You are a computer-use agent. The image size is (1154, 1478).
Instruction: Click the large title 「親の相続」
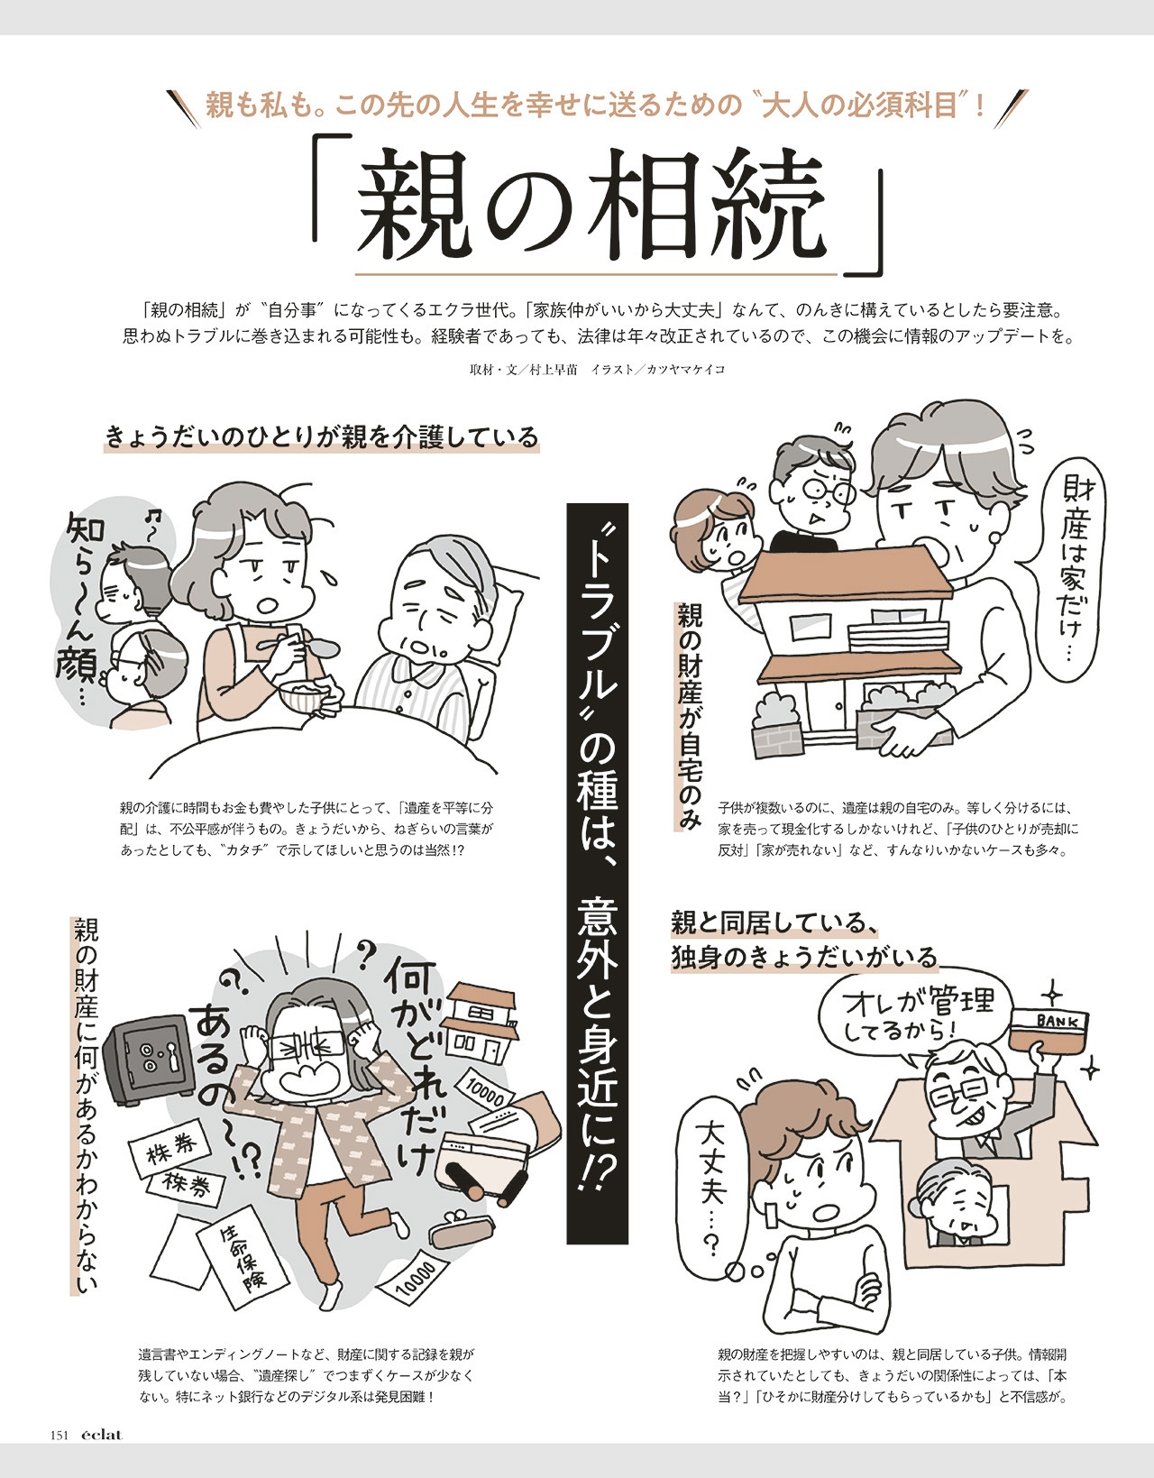tap(599, 207)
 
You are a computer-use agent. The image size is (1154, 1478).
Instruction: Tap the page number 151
tap(60, 1435)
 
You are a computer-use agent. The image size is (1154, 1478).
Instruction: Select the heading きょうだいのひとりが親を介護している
tap(322, 436)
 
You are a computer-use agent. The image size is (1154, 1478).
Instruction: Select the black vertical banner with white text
tap(597, 874)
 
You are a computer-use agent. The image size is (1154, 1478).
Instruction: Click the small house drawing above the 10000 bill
tap(481, 1024)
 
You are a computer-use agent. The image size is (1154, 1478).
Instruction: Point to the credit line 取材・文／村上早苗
tap(524, 370)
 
